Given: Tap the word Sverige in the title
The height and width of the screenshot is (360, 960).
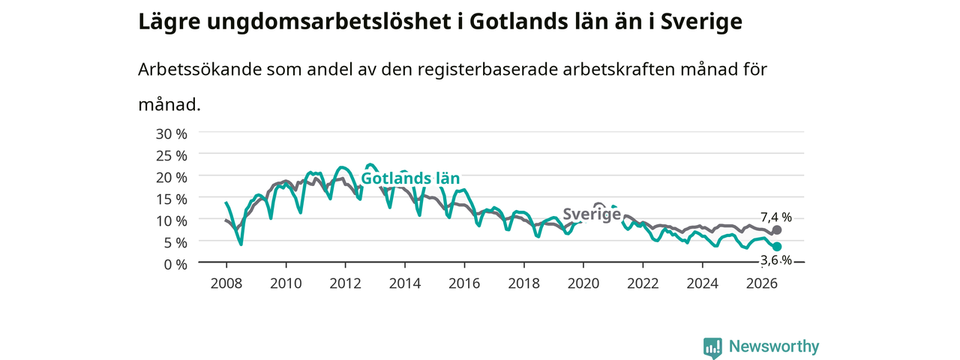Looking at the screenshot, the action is pyautogui.click(x=701, y=22).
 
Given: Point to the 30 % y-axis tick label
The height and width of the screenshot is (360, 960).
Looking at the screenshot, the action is pyautogui.click(x=172, y=134).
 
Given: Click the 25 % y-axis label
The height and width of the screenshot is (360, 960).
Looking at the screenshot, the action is pyautogui.click(x=172, y=156).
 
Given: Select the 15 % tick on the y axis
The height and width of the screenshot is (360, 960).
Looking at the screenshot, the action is pyautogui.click(x=172, y=199).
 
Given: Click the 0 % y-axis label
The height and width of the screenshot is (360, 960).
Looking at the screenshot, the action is pyautogui.click(x=175, y=265).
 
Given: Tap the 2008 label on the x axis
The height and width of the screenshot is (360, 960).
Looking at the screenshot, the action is pyautogui.click(x=226, y=283).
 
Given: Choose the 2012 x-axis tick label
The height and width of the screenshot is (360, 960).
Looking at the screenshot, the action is pyautogui.click(x=345, y=283).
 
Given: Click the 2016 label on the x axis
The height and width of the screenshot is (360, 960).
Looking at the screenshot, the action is pyautogui.click(x=464, y=283).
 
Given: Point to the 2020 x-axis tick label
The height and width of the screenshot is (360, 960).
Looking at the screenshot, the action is pyautogui.click(x=583, y=283).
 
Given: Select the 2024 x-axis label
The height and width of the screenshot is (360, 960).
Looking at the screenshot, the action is pyautogui.click(x=703, y=283).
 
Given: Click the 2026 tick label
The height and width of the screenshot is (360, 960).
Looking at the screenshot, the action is pyautogui.click(x=761, y=283).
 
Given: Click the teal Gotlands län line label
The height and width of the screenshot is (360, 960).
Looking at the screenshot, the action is pyautogui.click(x=410, y=178).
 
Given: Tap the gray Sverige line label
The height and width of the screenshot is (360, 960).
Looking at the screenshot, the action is pyautogui.click(x=592, y=214).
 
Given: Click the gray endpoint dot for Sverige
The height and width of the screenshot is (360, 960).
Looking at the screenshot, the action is pyautogui.click(x=776, y=230).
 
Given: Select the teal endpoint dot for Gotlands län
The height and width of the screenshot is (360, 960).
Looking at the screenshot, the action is pyautogui.click(x=776, y=247).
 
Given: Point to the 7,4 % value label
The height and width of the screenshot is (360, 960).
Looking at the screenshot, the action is pyautogui.click(x=776, y=217).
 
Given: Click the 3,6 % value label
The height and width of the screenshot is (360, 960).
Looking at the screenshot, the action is pyautogui.click(x=776, y=260).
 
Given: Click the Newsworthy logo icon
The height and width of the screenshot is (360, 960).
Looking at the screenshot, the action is pyautogui.click(x=712, y=348).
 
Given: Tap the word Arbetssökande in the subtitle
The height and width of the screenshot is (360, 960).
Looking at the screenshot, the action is pyautogui.click(x=199, y=70).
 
